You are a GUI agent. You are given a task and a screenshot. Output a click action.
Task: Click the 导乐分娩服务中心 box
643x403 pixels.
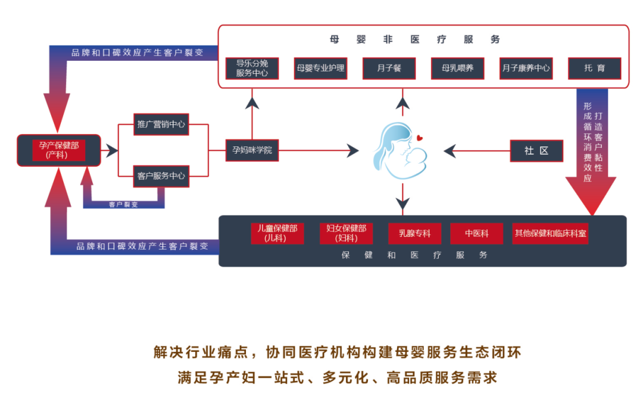(252, 68)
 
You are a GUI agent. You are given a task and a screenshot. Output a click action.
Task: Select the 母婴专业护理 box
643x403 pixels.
(320, 68)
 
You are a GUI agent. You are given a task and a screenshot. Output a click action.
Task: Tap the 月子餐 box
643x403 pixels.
(389, 68)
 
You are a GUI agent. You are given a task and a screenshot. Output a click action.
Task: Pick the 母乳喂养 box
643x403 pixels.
(457, 68)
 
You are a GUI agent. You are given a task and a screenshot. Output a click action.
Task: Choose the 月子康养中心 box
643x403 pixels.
(526, 68)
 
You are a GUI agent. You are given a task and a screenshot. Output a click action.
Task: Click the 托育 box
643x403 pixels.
(594, 68)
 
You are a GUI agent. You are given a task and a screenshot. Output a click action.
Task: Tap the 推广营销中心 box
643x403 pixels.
(161, 124)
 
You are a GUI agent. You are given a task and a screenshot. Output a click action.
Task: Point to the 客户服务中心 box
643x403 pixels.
(161, 176)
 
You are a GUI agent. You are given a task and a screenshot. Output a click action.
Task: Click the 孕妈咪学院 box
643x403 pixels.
(252, 150)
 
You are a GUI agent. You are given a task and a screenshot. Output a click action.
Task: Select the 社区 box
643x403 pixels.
(536, 151)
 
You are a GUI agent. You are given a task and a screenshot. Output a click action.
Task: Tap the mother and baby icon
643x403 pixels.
(400, 151)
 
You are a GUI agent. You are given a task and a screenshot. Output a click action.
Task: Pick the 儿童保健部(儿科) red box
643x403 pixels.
(277, 233)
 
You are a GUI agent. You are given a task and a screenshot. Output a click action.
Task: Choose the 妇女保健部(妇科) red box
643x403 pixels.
(346, 233)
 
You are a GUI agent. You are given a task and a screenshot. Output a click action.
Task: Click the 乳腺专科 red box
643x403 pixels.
(415, 233)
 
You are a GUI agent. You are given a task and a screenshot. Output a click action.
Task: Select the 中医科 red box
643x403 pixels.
(477, 233)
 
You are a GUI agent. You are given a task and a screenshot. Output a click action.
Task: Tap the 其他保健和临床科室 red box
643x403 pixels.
(550, 233)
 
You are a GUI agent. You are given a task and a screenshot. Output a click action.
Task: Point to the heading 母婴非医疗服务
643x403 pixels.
(415, 40)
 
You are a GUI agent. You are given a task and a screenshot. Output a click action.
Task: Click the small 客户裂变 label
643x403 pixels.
(123, 204)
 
